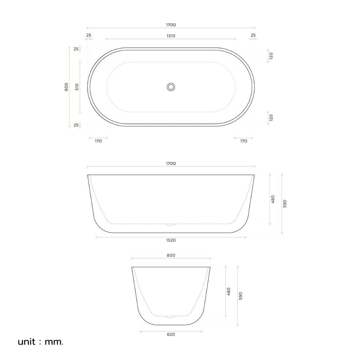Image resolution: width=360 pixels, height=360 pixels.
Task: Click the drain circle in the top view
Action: click(x=171, y=87)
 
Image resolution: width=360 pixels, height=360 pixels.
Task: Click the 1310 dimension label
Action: click(x=171, y=36)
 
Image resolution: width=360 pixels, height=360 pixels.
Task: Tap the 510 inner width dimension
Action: click(x=77, y=87)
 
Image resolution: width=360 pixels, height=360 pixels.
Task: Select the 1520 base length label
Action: click(x=171, y=240)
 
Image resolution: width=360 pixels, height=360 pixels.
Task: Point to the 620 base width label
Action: click(x=171, y=334)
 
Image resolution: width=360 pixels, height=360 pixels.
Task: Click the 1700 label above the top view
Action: click(x=171, y=25)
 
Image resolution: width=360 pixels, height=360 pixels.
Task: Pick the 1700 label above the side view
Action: click(x=171, y=163)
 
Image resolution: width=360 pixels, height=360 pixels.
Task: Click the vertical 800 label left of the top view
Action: click(x=66, y=87)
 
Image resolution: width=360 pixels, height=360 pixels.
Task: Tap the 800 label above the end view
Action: click(x=171, y=255)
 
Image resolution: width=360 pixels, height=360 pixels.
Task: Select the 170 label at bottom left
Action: click(x=98, y=141)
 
